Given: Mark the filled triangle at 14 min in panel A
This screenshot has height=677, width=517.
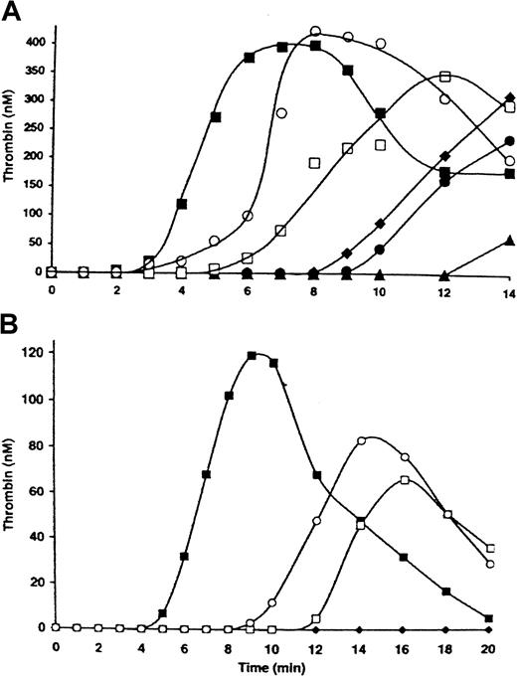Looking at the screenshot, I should click(x=509, y=241).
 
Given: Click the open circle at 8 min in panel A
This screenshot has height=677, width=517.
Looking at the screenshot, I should click(x=315, y=32).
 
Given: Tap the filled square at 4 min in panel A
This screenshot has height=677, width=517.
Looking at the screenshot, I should click(x=182, y=204).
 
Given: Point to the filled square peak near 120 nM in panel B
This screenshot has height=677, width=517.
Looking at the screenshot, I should click(x=252, y=355).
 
